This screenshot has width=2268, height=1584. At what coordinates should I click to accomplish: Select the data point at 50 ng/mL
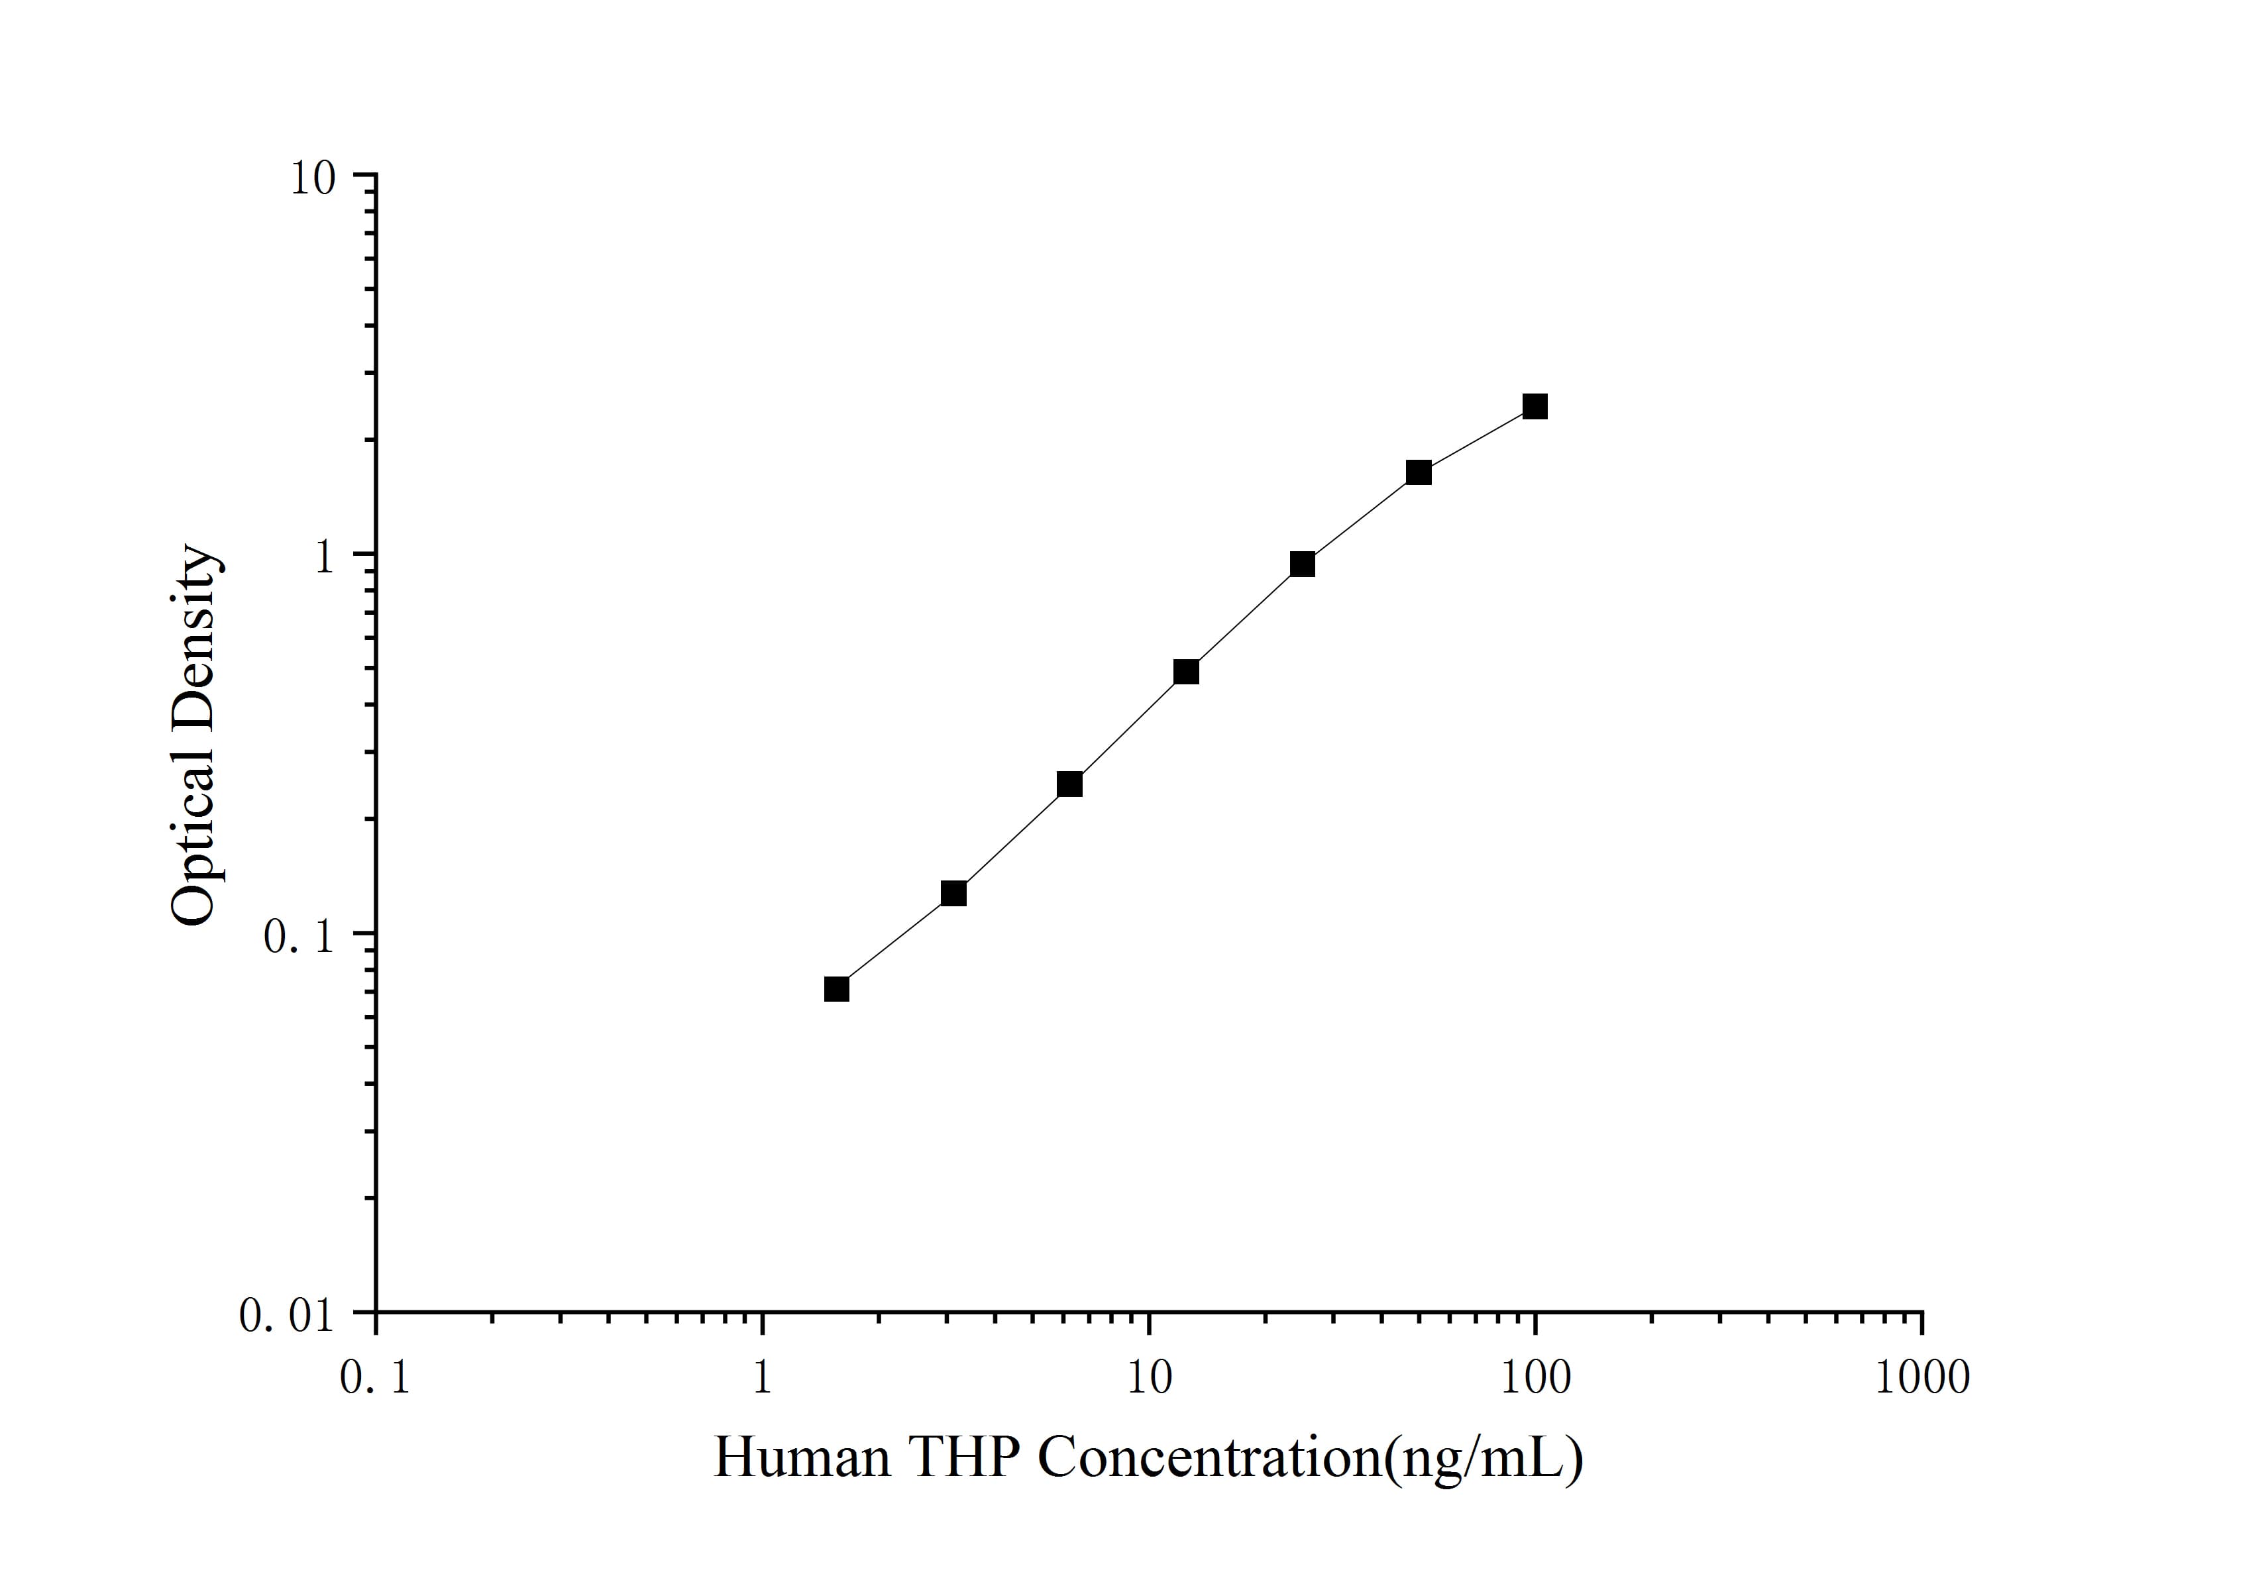[x=1419, y=472]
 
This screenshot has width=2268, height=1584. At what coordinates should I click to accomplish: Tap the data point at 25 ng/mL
[x=1302, y=564]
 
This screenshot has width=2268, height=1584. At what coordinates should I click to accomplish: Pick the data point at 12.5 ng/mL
[x=1187, y=672]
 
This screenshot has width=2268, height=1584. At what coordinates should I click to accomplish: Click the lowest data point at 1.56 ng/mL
[x=837, y=988]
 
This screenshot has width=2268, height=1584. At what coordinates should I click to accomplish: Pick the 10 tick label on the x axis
[x=1149, y=1377]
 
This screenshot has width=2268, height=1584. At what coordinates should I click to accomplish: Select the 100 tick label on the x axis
[x=1535, y=1377]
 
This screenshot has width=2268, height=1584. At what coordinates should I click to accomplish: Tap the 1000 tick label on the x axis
[x=1921, y=1377]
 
